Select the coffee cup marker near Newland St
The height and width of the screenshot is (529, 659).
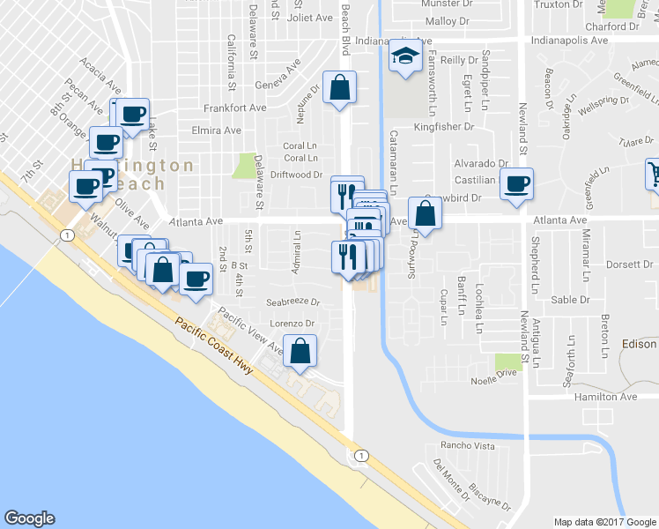516,184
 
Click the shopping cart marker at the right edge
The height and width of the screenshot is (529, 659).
654,173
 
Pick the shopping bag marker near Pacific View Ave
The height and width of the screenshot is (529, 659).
300,349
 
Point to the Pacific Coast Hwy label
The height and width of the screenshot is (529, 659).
213,346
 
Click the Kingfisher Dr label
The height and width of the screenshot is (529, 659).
443,127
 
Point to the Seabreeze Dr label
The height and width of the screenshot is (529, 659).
292,301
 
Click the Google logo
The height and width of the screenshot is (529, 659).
29,518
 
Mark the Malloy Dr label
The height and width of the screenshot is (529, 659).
447,21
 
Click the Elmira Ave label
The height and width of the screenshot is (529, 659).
216,130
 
